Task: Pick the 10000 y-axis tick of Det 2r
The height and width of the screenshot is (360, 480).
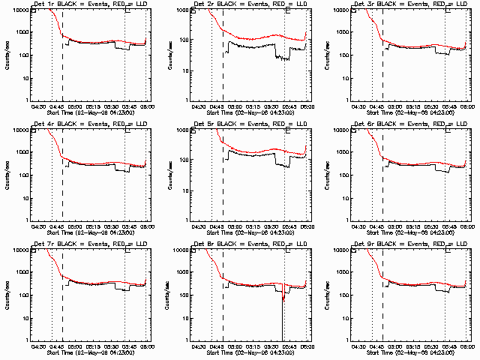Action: (x=182, y=10)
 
